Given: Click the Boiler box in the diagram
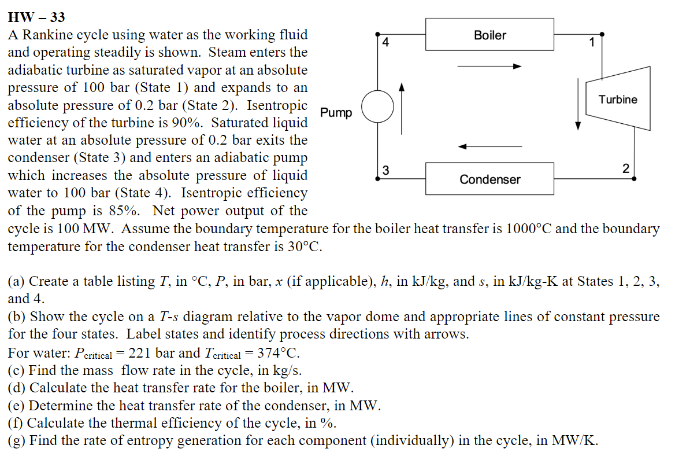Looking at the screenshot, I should (489, 35).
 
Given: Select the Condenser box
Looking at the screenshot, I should (489, 179).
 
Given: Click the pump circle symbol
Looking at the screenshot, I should (377, 106).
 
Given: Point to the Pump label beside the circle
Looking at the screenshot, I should (336, 112).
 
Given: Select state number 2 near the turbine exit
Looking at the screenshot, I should (625, 168).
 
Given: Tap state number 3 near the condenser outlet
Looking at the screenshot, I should (386, 170).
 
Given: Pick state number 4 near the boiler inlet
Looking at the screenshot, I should (386, 42).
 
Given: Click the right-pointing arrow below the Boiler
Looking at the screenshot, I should (489, 67).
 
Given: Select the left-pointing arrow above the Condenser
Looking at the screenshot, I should (489, 147).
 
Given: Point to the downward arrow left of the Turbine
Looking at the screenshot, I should (577, 104).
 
